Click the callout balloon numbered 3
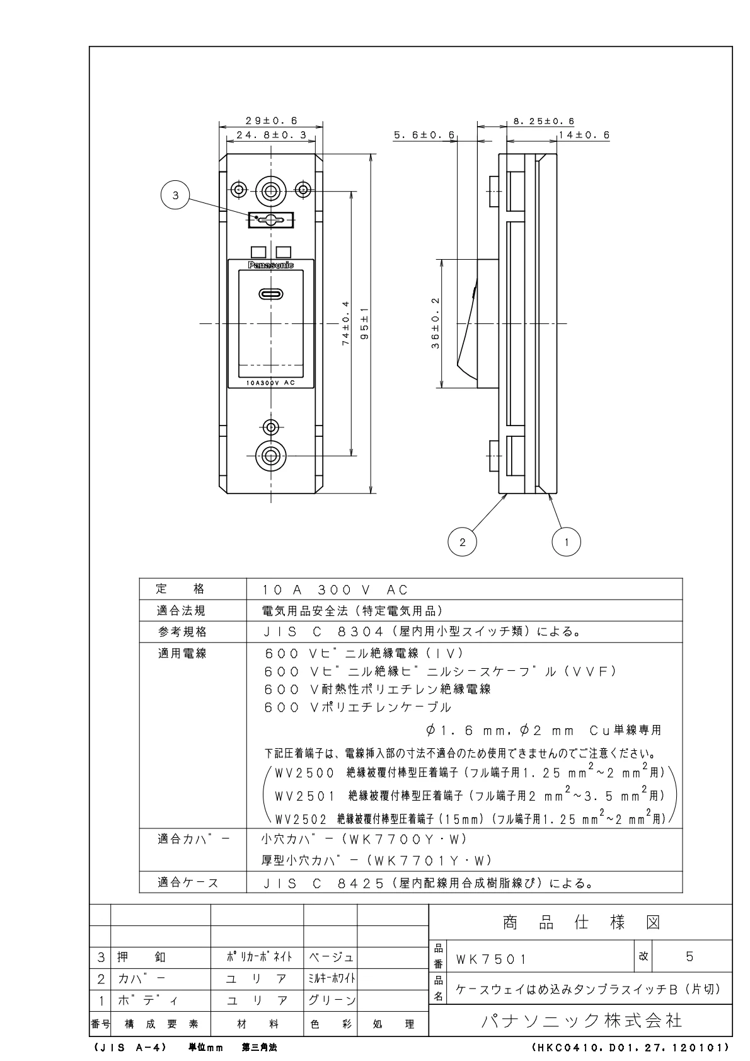pyautogui.click(x=176, y=195)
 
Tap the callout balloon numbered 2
pyautogui.click(x=463, y=542)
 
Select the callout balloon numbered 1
pyautogui.click(x=566, y=542)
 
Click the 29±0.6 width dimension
pyautogui.click(x=271, y=120)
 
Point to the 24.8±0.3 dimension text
pyautogui.click(x=271, y=135)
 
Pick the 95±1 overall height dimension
pyautogui.click(x=364, y=322)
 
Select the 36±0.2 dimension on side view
pyautogui.click(x=436, y=322)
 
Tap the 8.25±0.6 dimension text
pyautogui.click(x=543, y=121)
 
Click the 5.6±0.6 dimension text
pyautogui.click(x=424, y=135)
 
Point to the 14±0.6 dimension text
pyautogui.click(x=584, y=135)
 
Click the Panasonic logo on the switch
pyautogui.click(x=271, y=265)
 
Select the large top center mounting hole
pyautogui.click(x=271, y=189)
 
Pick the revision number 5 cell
pyautogui.click(x=689, y=956)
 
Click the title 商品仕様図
pyautogui.click(x=580, y=923)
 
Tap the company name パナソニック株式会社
pyautogui.click(x=580, y=1019)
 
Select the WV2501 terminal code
pyautogui.click(x=305, y=796)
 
